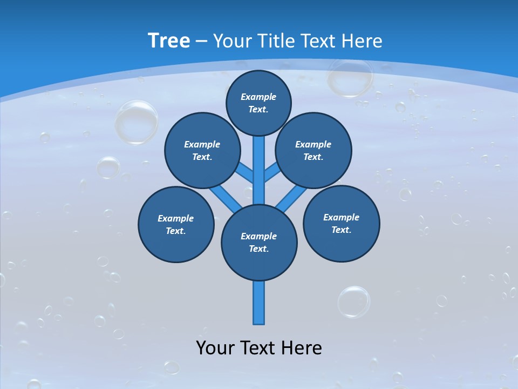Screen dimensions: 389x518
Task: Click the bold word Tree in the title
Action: [x=169, y=41]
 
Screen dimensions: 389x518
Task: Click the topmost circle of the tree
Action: [x=258, y=103]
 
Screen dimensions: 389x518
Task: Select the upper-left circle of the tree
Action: [x=202, y=150]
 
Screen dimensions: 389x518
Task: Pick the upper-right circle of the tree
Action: [x=313, y=150]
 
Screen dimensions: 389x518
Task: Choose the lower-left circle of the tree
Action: [x=176, y=224]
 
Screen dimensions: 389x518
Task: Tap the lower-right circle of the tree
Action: [x=341, y=223]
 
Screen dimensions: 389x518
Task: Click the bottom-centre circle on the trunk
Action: [x=259, y=242]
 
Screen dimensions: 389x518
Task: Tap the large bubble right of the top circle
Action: [x=350, y=77]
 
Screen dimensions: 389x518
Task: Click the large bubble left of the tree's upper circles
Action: [x=136, y=122]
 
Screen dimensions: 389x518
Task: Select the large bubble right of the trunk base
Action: [x=354, y=301]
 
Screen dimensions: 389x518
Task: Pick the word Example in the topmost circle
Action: [x=258, y=97]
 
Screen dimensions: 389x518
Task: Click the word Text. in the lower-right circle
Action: [x=341, y=230]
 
